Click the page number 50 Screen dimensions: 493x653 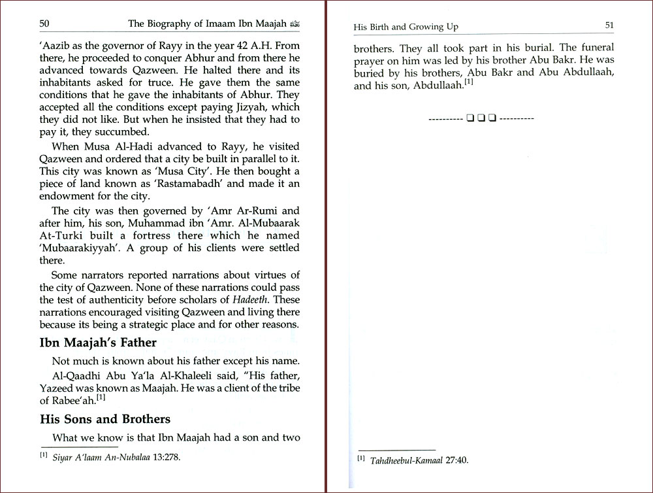(44, 24)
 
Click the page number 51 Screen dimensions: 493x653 (609, 25)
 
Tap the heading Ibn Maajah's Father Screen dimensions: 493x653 (98, 343)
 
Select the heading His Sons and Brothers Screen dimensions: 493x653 (105, 419)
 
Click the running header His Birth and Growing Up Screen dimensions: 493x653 (406, 27)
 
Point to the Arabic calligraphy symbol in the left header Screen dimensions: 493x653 (295, 24)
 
